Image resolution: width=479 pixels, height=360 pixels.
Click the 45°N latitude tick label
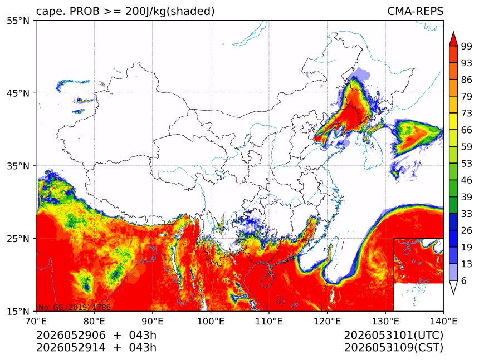[x=18, y=93]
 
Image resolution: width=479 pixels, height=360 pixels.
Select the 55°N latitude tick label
[x=18, y=21]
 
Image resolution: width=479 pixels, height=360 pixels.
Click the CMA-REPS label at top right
[x=415, y=11]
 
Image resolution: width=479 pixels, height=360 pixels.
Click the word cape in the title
[x=49, y=12]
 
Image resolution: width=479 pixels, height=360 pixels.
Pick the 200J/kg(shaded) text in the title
[x=170, y=12]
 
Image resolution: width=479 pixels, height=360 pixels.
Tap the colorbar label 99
[x=466, y=46]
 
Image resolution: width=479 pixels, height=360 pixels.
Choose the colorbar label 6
[x=464, y=280]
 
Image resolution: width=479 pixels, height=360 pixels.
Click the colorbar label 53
[x=466, y=164]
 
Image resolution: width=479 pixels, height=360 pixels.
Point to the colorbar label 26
[x=466, y=230]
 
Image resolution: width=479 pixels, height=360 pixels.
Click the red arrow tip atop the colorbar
[x=453, y=32]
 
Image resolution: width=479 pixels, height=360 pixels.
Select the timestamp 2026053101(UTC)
[x=393, y=335]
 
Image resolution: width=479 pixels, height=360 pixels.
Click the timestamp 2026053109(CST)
[x=393, y=348]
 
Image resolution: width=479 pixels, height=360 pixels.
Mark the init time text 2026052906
[x=71, y=335]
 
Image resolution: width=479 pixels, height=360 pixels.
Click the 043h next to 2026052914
[x=143, y=348]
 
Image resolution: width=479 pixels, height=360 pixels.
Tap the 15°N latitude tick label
[x=18, y=311]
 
